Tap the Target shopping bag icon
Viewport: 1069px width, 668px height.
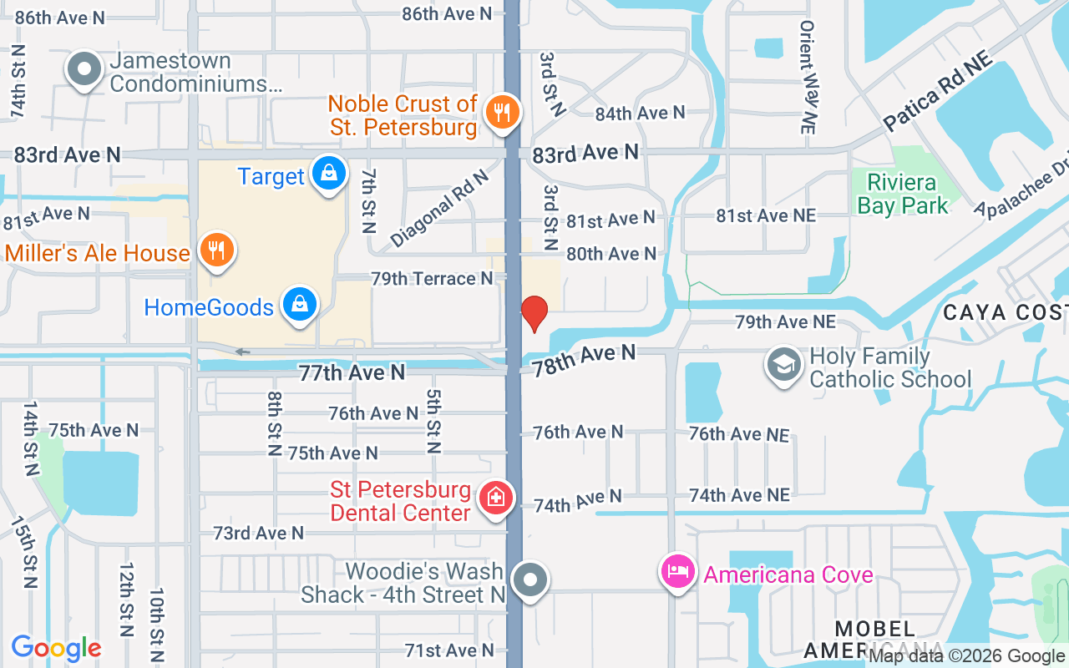click(329, 174)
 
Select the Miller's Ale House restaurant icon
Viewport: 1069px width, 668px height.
click(216, 250)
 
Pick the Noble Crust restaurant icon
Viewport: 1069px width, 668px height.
click(502, 112)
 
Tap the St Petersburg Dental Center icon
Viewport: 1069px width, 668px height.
click(496, 498)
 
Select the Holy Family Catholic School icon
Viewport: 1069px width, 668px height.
click(784, 365)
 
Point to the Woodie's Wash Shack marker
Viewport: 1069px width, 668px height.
click(529, 579)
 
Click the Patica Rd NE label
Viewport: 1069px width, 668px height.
click(937, 91)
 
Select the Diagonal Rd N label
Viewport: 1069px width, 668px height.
click(438, 209)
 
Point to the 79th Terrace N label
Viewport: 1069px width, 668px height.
click(432, 279)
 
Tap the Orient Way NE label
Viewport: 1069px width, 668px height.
click(807, 77)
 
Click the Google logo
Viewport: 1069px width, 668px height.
click(56, 648)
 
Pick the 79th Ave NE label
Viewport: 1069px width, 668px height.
click(784, 321)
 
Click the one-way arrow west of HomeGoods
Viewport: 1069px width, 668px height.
click(242, 352)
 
